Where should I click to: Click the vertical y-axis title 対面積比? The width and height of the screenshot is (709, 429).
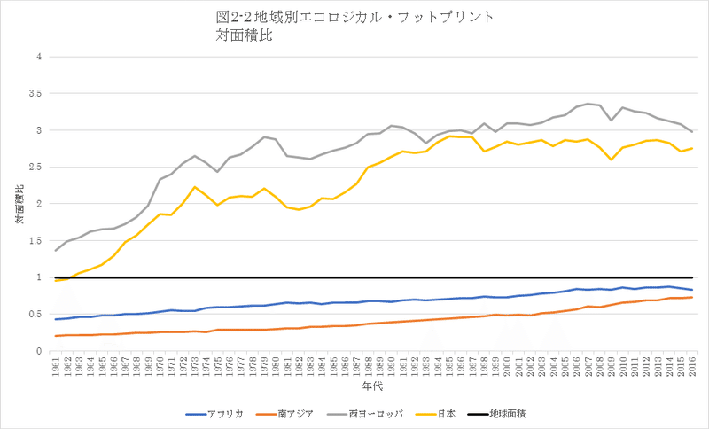[x=19, y=204]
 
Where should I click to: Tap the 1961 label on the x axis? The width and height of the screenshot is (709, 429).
[x=56, y=366]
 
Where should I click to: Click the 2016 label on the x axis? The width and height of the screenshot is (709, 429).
[x=691, y=366]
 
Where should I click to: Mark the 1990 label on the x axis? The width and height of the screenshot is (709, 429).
[x=391, y=366]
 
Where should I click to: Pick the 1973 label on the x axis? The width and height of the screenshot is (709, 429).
[x=194, y=366]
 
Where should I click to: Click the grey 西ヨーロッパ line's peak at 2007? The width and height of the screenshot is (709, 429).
[x=588, y=104]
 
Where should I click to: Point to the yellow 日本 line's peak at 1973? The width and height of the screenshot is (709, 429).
[x=194, y=187]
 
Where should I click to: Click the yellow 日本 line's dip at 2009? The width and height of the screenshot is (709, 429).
[x=611, y=160]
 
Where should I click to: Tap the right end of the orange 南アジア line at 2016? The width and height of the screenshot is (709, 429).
[x=691, y=297]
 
